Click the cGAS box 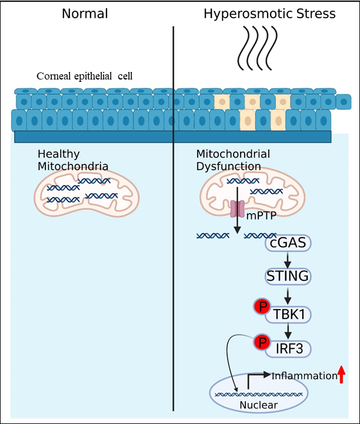(288, 243)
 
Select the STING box (288, 276)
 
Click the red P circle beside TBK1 (261, 307)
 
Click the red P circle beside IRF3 (261, 341)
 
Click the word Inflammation (303, 376)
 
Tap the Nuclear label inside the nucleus (259, 405)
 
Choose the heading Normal (86, 13)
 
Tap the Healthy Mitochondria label (72, 160)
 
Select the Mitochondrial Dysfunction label (233, 160)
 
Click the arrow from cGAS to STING (288, 259)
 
